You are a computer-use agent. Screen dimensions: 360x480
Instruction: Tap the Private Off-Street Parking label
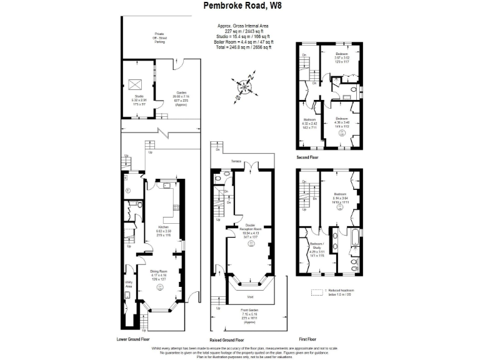click(160, 37)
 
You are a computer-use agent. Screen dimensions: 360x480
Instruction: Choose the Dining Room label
click(159, 272)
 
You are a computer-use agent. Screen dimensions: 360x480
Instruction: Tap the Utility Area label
click(127, 284)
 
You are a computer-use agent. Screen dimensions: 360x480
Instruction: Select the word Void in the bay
click(249, 297)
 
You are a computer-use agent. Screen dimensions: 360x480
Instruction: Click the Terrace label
click(236, 161)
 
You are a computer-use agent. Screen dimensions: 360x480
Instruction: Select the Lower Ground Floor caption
click(133, 339)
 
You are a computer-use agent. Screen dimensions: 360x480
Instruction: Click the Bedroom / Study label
click(317, 249)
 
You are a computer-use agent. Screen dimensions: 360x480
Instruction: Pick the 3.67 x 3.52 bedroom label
click(341, 57)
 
